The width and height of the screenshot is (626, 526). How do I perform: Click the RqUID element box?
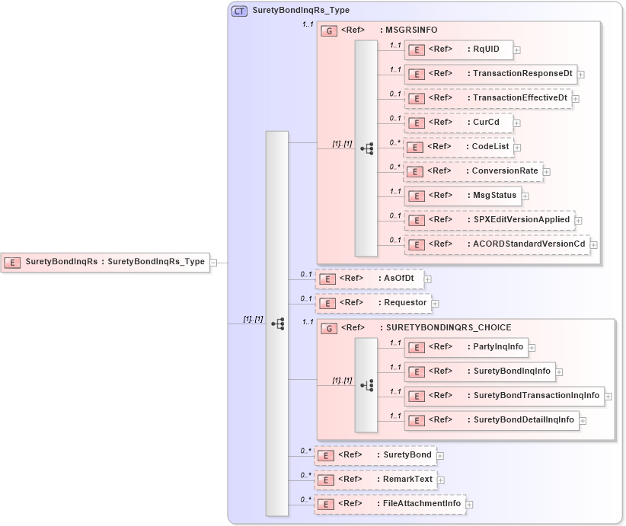pyautogui.click(x=458, y=49)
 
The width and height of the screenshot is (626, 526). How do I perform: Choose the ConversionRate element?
pyautogui.click(x=473, y=171)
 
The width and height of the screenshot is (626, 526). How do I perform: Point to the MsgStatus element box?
pyautogui.click(x=463, y=196)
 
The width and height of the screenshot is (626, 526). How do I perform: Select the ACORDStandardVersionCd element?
pyautogui.click(x=497, y=244)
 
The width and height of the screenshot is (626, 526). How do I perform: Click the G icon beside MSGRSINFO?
pyautogui.click(x=329, y=30)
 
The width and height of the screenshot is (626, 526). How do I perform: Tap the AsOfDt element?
pyautogui.click(x=369, y=279)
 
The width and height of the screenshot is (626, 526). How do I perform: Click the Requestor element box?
pyautogui.click(x=373, y=303)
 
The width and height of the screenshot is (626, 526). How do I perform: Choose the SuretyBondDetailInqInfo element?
pyautogui.click(x=491, y=420)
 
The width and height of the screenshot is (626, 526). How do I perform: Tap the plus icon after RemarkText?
pyautogui.click(x=441, y=480)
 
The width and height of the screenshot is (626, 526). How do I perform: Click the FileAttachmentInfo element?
pyautogui.click(x=390, y=504)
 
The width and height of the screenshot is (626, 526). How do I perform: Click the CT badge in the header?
pyautogui.click(x=239, y=11)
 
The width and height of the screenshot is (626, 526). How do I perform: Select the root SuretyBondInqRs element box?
pyautogui.click(x=105, y=262)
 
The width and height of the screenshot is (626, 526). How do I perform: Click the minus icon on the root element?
pyautogui.click(x=214, y=263)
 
